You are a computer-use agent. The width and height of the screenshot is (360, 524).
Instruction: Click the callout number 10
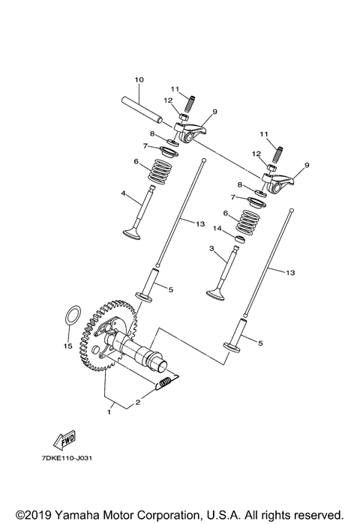pyautogui.click(x=138, y=80)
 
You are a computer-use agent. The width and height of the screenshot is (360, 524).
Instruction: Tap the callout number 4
pyautogui.click(x=123, y=193)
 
